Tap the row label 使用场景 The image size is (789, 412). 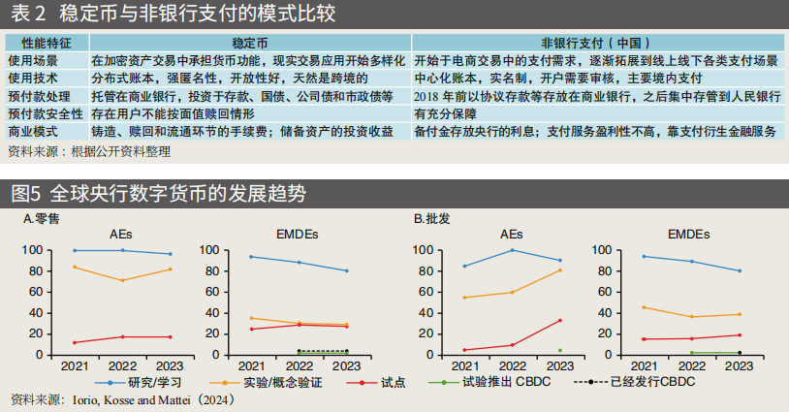click(x=33, y=60)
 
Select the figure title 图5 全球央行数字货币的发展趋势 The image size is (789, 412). click(x=159, y=192)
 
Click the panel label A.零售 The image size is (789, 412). click(x=41, y=219)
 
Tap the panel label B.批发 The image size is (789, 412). click(x=431, y=219)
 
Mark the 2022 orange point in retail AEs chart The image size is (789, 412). click(x=122, y=280)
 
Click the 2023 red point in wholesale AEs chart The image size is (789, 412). click(x=560, y=320)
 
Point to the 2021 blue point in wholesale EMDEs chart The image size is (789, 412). click(x=644, y=256)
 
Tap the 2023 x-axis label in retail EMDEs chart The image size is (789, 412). click(x=347, y=366)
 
